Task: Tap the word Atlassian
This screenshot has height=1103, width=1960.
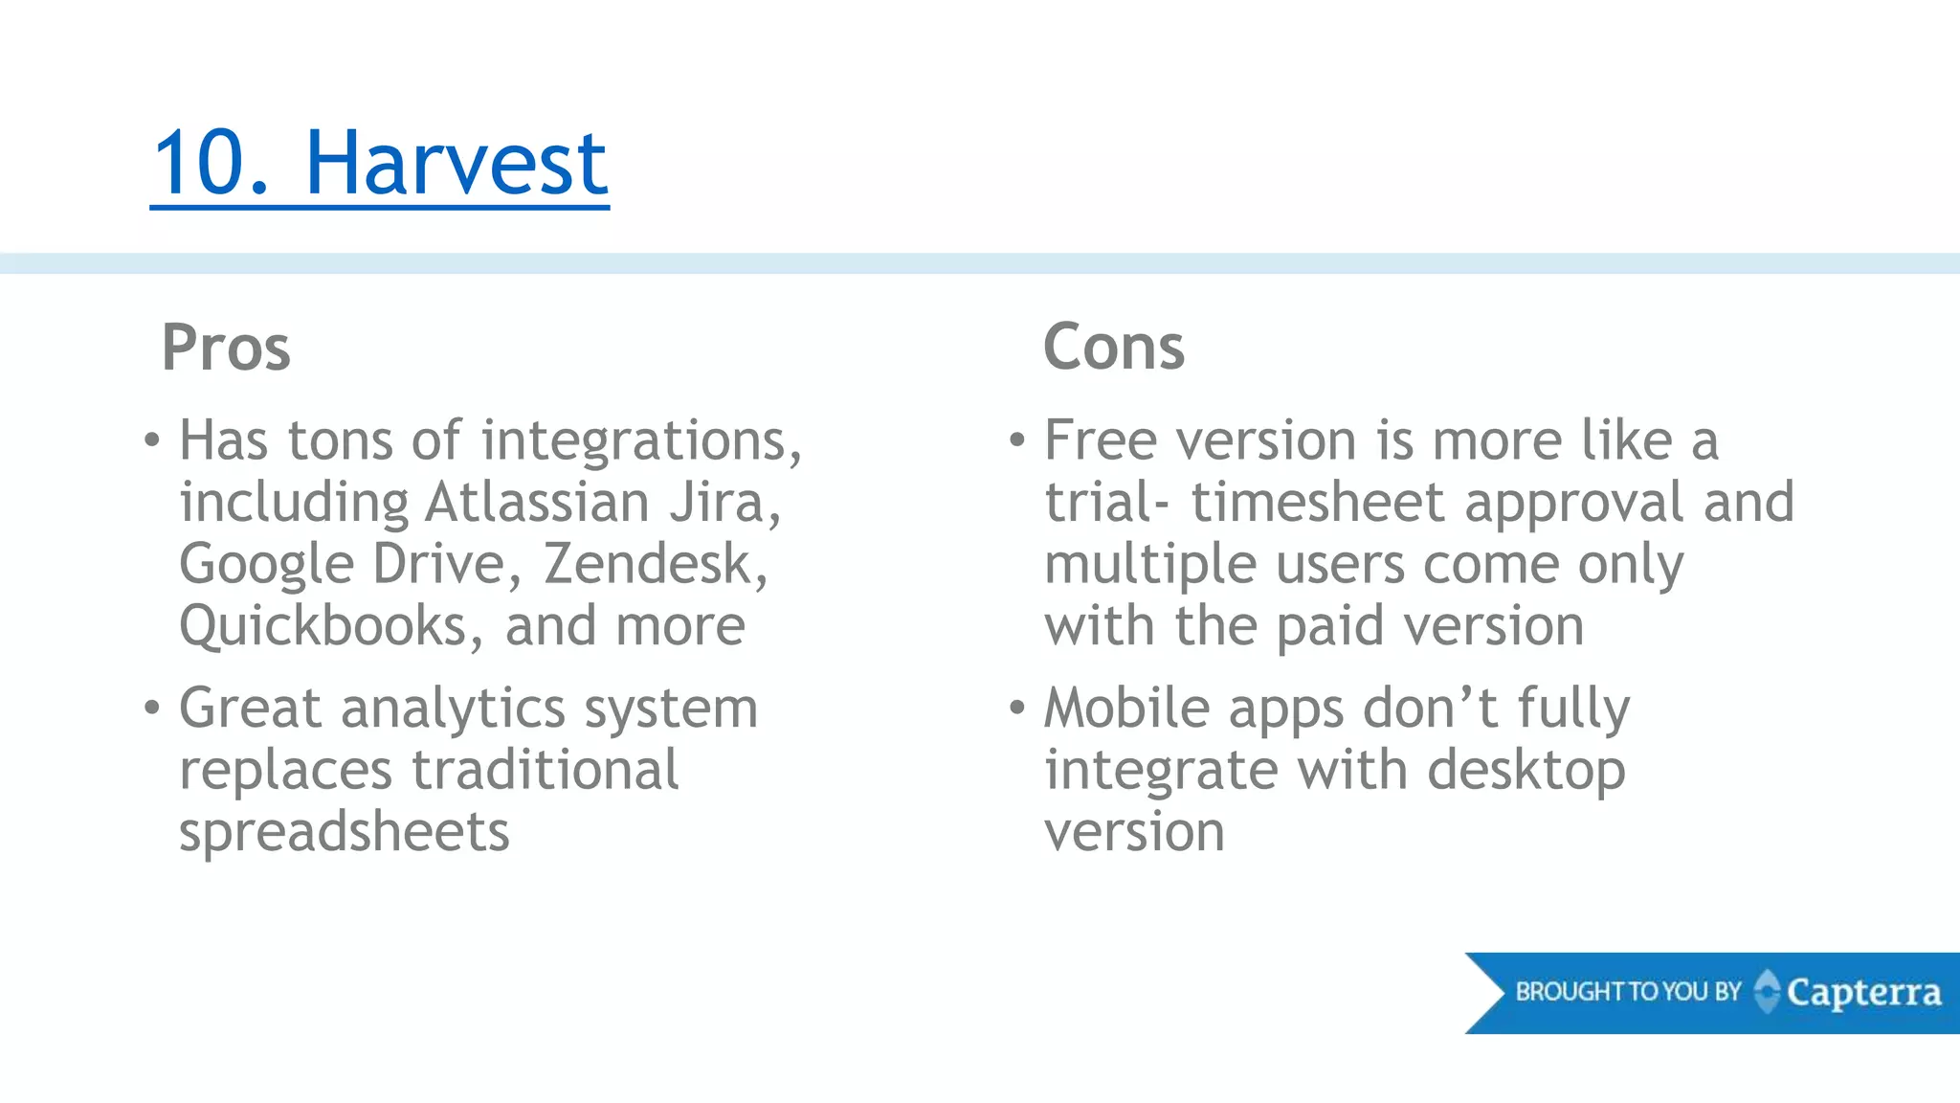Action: [x=537, y=503]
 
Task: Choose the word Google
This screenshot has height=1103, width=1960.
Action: [x=267, y=565]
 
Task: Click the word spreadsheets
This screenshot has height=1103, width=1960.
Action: [x=345, y=831]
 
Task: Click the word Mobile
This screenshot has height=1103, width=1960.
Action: [x=1127, y=709]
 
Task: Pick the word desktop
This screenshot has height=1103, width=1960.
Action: [x=1526, y=772]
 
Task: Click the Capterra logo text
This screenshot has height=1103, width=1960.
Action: [x=1863, y=993]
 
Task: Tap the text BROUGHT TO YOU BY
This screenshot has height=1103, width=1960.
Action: [x=1628, y=992]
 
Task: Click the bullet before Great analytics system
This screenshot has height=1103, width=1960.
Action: [x=152, y=709]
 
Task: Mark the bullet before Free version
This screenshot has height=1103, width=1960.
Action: [x=1017, y=441]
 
